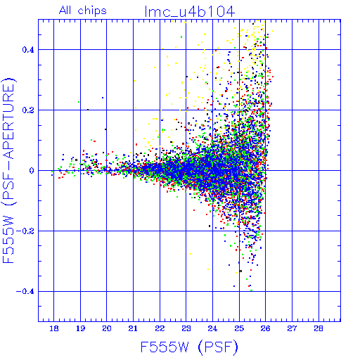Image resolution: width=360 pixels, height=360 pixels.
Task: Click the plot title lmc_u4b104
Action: click(190, 12)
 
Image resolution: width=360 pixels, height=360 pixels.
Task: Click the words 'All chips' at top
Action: click(83, 11)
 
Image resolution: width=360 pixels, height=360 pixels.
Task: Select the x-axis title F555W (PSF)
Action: click(189, 347)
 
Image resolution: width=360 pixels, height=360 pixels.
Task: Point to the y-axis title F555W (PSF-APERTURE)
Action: click(8, 171)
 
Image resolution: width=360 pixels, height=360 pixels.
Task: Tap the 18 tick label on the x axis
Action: click(54, 328)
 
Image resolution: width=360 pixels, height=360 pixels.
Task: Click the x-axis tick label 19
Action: click(80, 328)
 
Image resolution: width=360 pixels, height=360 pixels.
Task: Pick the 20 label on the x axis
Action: click(107, 328)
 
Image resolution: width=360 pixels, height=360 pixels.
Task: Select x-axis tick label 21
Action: click(133, 328)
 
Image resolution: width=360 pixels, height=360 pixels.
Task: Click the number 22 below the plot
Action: click(160, 328)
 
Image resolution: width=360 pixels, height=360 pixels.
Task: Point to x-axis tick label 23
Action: click(186, 328)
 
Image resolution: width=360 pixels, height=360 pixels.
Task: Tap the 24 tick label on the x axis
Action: click(212, 328)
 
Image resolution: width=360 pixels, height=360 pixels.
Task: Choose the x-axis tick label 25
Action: click(239, 328)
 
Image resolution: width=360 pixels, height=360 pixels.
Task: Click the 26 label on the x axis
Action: click(266, 328)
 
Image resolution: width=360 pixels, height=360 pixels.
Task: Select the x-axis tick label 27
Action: click(292, 328)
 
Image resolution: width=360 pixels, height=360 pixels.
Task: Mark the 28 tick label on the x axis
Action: click(319, 328)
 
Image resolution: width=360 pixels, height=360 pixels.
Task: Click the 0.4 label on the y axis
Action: click(28, 50)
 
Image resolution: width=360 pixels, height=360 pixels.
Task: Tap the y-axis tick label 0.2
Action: click(28, 110)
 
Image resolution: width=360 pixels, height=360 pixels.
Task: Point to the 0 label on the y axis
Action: click(32, 171)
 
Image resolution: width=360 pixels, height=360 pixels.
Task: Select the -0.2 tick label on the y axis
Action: click(25, 231)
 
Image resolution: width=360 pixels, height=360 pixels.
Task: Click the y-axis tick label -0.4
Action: click(25, 292)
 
